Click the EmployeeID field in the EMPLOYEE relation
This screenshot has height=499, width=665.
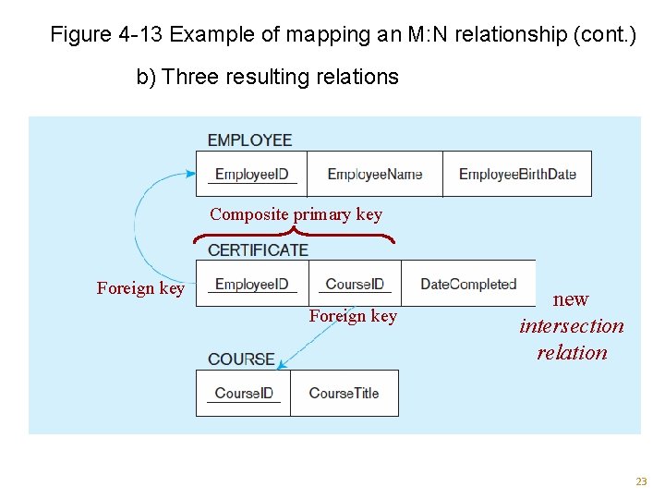pyautogui.click(x=251, y=174)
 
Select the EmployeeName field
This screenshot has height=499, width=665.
pyautogui.click(x=374, y=174)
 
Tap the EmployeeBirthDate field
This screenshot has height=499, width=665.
pyautogui.click(x=517, y=174)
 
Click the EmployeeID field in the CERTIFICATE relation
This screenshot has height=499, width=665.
pyautogui.click(x=251, y=284)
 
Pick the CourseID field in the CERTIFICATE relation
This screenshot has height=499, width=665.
pyautogui.click(x=355, y=284)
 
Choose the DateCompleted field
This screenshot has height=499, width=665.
pyautogui.click(x=468, y=284)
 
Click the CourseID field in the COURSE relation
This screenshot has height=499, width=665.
pyautogui.click(x=244, y=393)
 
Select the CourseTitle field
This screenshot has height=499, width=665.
pyautogui.click(x=344, y=393)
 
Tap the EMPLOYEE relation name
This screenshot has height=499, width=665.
pyautogui.click(x=249, y=140)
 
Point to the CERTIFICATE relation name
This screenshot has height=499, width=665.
pyautogui.click(x=258, y=249)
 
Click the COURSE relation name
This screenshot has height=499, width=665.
pyautogui.click(x=241, y=359)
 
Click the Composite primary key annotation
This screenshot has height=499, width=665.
pyautogui.click(x=296, y=214)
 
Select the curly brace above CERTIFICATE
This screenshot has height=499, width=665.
pyautogui.click(x=294, y=235)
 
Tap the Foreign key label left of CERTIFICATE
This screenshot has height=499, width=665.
pyautogui.click(x=140, y=288)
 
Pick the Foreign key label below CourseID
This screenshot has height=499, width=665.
pyautogui.click(x=353, y=316)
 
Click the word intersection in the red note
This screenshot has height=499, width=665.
pyautogui.click(x=572, y=325)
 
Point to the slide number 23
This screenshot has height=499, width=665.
pyautogui.click(x=641, y=481)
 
